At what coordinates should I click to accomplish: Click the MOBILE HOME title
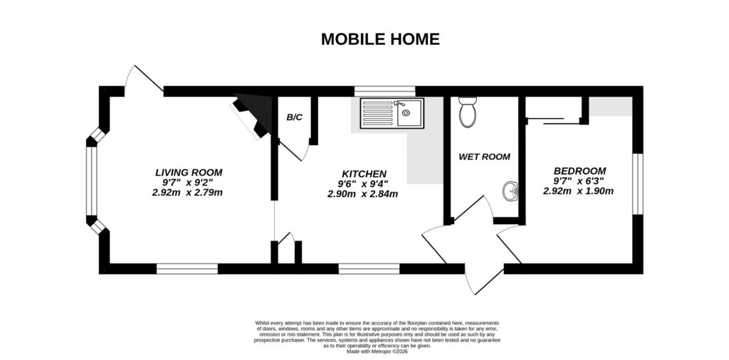click(379, 39)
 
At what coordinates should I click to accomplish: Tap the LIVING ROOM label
click(189, 172)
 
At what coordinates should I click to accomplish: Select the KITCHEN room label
click(364, 174)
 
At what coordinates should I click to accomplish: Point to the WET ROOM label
click(485, 157)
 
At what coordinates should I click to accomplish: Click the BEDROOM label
click(579, 171)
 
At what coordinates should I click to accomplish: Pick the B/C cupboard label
click(294, 117)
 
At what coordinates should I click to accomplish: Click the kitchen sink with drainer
click(392, 113)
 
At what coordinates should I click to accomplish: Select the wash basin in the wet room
click(510, 191)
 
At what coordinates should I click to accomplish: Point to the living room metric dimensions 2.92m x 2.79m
click(188, 192)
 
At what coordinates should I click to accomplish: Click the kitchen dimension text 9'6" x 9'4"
click(363, 184)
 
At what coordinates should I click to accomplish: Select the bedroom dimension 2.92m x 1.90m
click(578, 191)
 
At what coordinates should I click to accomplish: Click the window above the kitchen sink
click(384, 90)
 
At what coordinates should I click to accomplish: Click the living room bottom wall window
click(187, 269)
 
